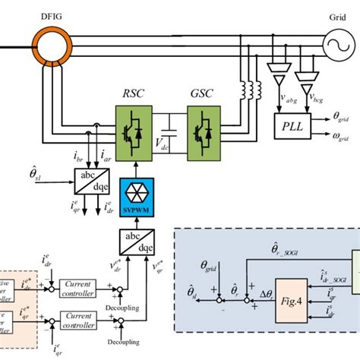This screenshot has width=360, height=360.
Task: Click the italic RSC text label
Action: coord(132,96)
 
